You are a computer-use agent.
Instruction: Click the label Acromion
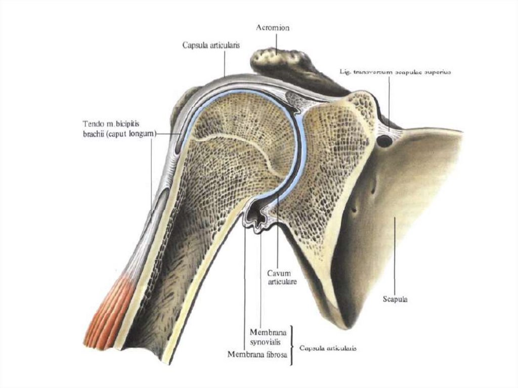[x=273, y=28]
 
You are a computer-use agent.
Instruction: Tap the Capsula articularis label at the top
[x=211, y=45]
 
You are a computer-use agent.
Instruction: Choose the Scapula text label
[x=395, y=299]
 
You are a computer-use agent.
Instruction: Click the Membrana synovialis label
[x=268, y=336]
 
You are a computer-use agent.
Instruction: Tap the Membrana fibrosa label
[x=257, y=355]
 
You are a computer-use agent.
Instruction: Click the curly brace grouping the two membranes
[x=292, y=345]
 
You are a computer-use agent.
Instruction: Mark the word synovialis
[x=268, y=341]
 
